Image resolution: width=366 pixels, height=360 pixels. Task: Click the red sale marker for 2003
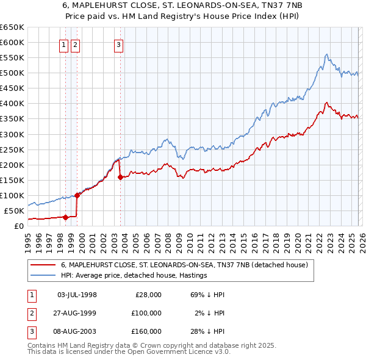120,177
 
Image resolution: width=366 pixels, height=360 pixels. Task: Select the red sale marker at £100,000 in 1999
77,195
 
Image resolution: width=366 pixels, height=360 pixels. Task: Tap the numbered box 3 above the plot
118,44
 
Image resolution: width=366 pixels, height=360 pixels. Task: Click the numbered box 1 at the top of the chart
63,44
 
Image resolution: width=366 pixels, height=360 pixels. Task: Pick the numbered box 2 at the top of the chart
75,44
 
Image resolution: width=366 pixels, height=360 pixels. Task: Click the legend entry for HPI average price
134,276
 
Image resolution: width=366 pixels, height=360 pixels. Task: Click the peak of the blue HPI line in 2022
327,54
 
